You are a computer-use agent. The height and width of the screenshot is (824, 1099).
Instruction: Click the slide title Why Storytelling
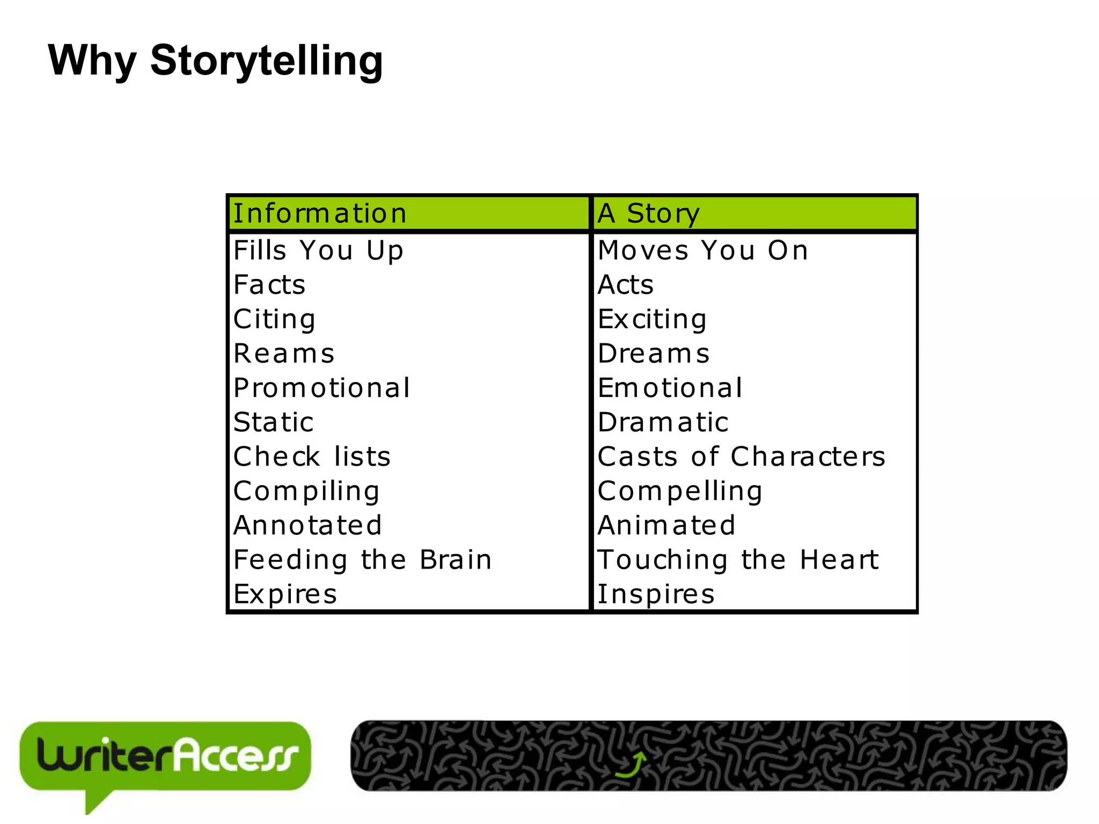[x=215, y=61]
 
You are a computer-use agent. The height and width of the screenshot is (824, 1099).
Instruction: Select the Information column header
[x=320, y=214]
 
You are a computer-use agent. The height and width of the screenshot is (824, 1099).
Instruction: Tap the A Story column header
[x=648, y=214]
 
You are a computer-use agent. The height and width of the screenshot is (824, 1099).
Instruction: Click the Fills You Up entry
[x=318, y=251]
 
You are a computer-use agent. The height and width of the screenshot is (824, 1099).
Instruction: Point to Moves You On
[x=703, y=251]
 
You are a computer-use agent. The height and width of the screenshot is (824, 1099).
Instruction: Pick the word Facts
[x=269, y=285]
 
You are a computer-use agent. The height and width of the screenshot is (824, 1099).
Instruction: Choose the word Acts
[x=626, y=285]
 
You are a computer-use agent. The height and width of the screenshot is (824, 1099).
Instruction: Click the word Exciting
[x=652, y=319]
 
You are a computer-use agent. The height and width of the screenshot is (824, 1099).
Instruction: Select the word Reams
[x=284, y=354]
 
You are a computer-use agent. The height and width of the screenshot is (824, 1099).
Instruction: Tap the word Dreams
[x=654, y=354]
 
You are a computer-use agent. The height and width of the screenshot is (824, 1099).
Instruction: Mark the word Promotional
[x=322, y=388]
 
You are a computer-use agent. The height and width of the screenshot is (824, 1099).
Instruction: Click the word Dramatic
[x=663, y=422]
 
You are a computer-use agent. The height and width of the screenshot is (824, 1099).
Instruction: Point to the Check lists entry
[x=312, y=457]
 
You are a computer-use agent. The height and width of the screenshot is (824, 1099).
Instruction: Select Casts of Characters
[x=741, y=457]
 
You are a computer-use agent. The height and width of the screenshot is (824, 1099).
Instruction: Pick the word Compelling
[x=680, y=491]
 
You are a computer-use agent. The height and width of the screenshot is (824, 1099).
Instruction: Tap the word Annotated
[x=307, y=525]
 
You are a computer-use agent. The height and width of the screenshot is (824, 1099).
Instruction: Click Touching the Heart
[x=738, y=560]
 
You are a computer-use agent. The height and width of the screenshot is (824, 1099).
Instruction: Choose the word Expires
[x=285, y=594]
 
